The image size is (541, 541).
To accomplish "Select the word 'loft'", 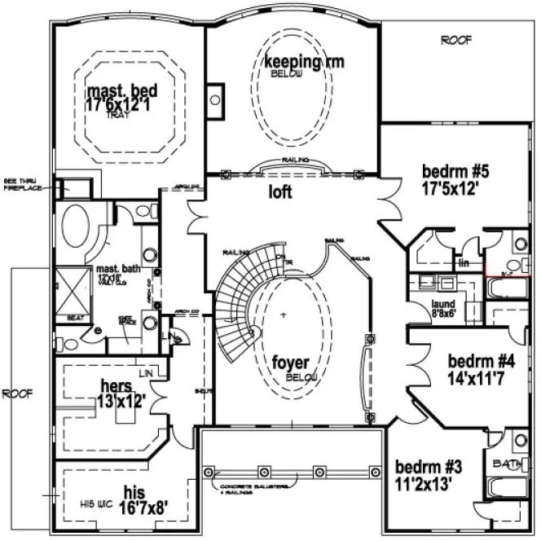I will (281, 193).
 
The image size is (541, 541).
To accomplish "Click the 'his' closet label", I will (134, 493).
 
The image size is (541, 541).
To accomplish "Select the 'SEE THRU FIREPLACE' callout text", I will (17, 183).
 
